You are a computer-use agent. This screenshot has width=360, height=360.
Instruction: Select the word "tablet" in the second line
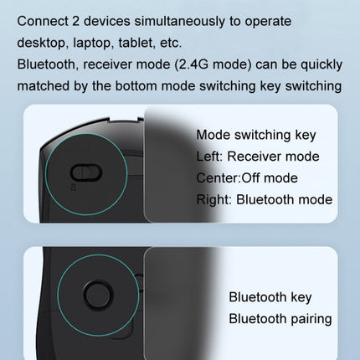point(136,41)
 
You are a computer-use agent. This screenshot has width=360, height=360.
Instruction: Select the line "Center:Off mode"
point(246,177)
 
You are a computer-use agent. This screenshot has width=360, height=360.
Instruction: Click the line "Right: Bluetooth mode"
point(264,199)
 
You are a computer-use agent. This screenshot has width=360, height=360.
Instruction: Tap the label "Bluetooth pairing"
point(280,318)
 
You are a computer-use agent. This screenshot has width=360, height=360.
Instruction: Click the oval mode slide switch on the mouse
point(86,172)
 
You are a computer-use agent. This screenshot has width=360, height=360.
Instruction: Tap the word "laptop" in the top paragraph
point(91,41)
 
